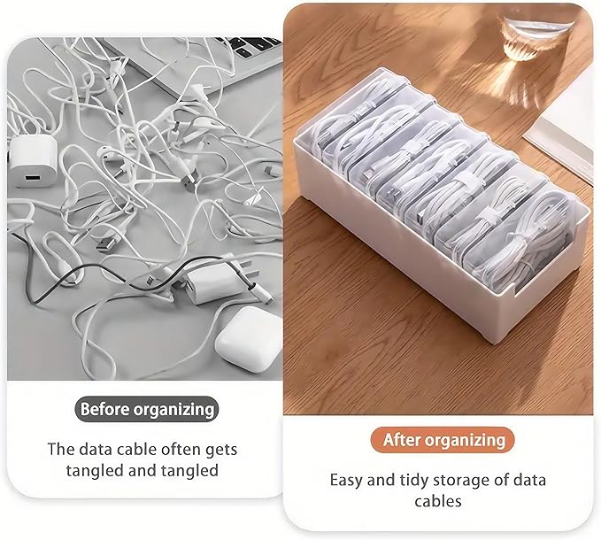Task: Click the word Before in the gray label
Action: [104, 409]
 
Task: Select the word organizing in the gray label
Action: [174, 409]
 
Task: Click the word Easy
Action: [346, 481]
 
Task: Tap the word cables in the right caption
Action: [438, 502]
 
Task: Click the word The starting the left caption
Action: [59, 449]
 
